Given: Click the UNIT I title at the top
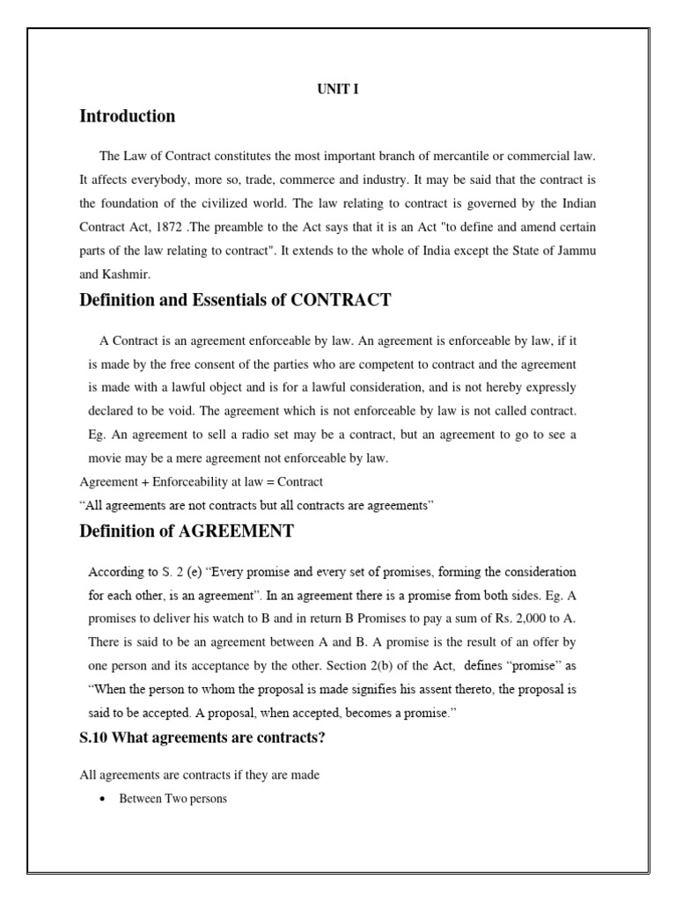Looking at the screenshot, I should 338,89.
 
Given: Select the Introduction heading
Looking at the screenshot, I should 127,116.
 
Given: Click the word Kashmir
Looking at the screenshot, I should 127,273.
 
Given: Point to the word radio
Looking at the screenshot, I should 274,435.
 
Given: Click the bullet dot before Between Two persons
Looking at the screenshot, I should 104,800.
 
